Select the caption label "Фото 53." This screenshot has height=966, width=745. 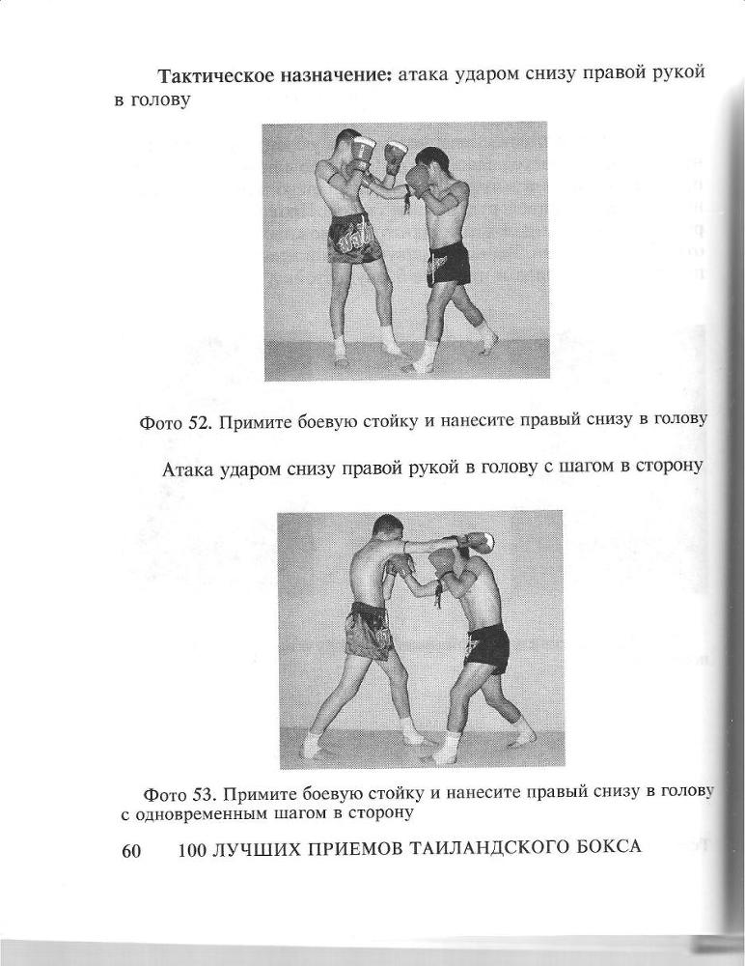[178, 795]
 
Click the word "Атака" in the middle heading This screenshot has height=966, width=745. [191, 470]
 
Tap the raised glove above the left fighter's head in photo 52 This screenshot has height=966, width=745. [364, 149]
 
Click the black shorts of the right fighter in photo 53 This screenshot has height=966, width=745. [487, 647]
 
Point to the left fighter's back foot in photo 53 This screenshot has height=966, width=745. [313, 746]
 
